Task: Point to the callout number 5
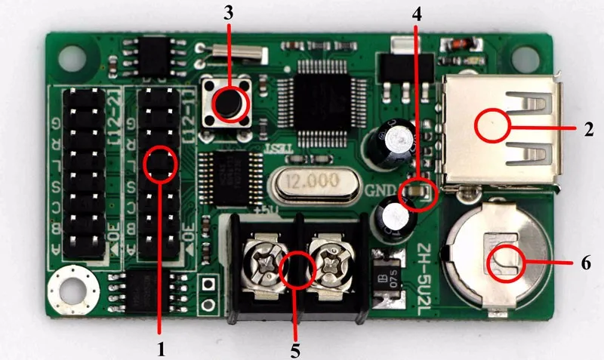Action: pos(295,350)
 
